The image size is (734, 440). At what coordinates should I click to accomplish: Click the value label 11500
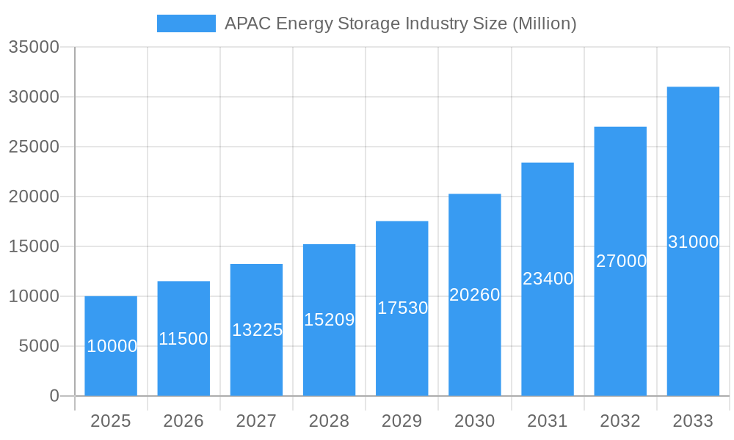pyautogui.click(x=183, y=339)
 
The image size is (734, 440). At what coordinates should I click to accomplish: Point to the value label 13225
pyautogui.click(x=257, y=330)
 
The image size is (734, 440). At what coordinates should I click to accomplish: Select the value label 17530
pyautogui.click(x=402, y=308)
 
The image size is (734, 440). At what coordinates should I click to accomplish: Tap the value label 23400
pyautogui.click(x=548, y=279)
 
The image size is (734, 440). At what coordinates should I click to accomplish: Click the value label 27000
pyautogui.click(x=621, y=261)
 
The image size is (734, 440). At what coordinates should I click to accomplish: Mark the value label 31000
pyautogui.click(x=693, y=242)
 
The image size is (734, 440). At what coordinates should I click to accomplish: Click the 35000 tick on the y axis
pyautogui.click(x=33, y=47)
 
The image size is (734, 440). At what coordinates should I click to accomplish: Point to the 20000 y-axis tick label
pyautogui.click(x=33, y=197)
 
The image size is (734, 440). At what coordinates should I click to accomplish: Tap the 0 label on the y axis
pyautogui.click(x=54, y=396)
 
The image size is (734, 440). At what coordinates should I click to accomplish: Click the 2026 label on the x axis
pyautogui.click(x=183, y=421)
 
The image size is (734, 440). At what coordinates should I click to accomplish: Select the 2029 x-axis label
pyautogui.click(x=402, y=421)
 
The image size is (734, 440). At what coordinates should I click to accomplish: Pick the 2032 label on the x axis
pyautogui.click(x=620, y=421)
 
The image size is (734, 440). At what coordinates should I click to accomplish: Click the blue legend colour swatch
pyautogui.click(x=186, y=23)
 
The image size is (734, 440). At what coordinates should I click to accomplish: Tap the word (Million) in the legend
pyautogui.click(x=544, y=23)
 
